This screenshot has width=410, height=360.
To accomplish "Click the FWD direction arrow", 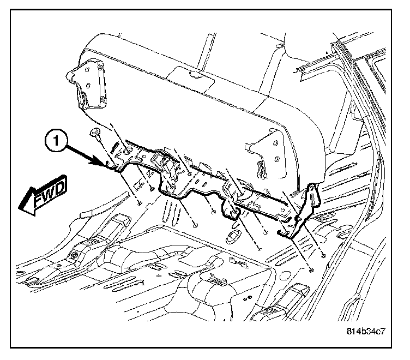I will tap(44, 197).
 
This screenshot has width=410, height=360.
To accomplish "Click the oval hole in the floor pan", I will tap(233, 236).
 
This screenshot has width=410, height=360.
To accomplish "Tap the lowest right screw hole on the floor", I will tap(311, 269).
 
